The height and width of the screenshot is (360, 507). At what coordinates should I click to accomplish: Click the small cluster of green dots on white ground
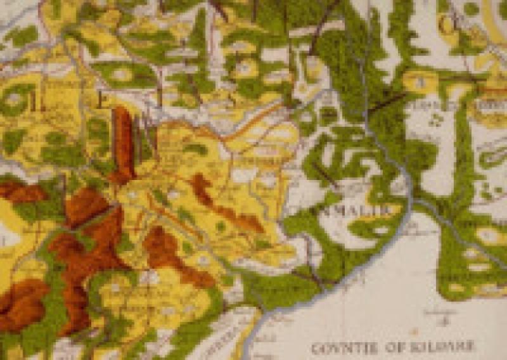pyautogui.click(x=436, y=119)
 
